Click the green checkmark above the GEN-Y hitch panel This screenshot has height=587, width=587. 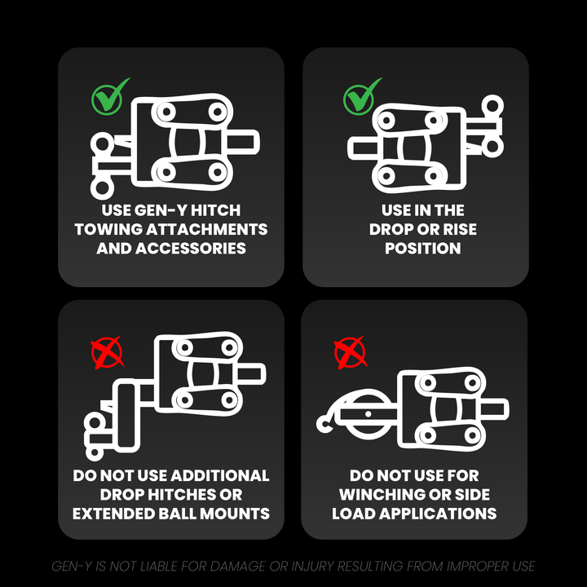click(108, 97)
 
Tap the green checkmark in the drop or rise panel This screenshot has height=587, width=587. click(360, 97)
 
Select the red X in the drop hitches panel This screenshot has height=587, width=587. click(107, 353)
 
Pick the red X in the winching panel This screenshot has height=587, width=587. click(350, 353)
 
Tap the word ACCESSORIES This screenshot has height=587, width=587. click(191, 248)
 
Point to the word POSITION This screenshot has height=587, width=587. click(422, 248)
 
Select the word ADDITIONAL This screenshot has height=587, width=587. click(220, 475)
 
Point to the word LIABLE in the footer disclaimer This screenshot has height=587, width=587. click(160, 566)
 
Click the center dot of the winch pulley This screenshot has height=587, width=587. click(368, 414)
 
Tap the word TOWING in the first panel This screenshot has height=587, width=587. click(108, 229)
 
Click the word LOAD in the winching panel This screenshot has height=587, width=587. click(353, 514)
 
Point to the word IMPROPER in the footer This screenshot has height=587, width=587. click(477, 566)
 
